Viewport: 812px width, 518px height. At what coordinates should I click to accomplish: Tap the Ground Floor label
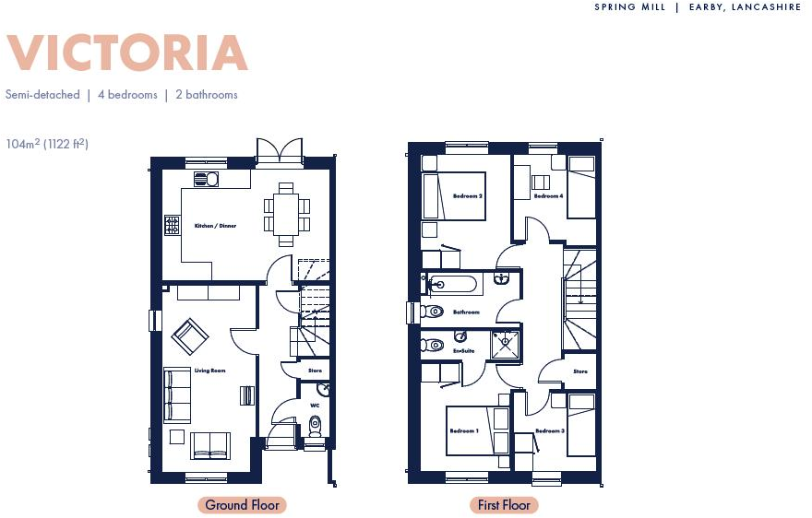[242, 505]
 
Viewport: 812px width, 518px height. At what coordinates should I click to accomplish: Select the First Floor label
[503, 505]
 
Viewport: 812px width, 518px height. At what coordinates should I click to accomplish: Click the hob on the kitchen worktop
[172, 224]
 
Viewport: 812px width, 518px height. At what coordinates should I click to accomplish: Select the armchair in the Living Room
[190, 336]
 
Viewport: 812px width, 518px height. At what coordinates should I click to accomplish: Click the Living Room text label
[209, 371]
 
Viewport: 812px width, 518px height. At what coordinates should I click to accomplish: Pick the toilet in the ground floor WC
[315, 425]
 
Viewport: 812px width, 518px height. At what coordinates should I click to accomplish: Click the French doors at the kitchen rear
[279, 151]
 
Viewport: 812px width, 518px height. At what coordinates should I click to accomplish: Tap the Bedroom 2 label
[468, 196]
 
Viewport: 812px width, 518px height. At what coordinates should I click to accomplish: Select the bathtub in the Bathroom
[453, 284]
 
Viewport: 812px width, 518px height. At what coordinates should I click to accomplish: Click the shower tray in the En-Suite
[505, 345]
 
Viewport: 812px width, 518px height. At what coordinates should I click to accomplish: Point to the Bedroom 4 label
[548, 196]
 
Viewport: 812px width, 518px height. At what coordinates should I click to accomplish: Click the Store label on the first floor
[579, 371]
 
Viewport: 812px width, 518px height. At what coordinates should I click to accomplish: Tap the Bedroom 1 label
[464, 431]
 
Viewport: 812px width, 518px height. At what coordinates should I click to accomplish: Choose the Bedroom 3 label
[549, 431]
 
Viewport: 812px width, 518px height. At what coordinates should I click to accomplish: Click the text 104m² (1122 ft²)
[47, 144]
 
